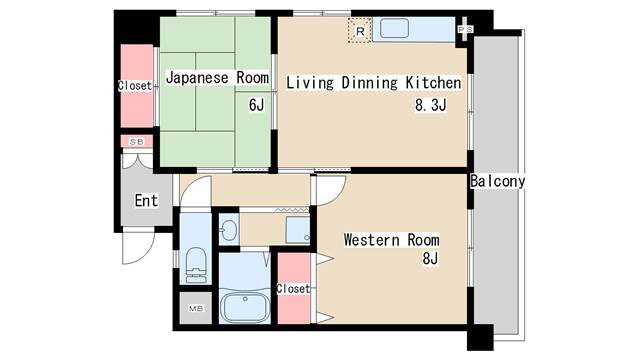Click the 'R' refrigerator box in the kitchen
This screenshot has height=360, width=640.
pyautogui.click(x=360, y=30)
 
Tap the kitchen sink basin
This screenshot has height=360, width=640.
pyautogui.click(x=394, y=28)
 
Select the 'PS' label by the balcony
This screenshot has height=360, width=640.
pyautogui.click(x=465, y=29)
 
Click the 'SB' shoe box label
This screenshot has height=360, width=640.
pyautogui.click(x=137, y=142)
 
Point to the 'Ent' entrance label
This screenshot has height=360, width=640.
pyautogui.click(x=146, y=200)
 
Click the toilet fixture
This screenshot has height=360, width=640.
pyautogui.click(x=196, y=265)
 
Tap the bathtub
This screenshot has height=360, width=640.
pyautogui.click(x=244, y=308)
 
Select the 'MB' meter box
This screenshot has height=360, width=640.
pyautogui.click(x=196, y=308)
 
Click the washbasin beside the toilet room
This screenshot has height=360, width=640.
pyautogui.click(x=229, y=231)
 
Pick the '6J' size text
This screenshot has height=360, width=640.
pyautogui.click(x=257, y=105)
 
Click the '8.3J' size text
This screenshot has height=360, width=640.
pyautogui.click(x=431, y=105)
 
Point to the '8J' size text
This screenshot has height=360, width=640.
pyautogui.click(x=430, y=258)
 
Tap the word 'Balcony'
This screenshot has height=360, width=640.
pyautogui.click(x=498, y=181)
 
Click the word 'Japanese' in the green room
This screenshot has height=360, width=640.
pyautogui.click(x=197, y=78)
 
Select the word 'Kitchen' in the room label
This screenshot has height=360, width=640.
pyautogui.click(x=433, y=82)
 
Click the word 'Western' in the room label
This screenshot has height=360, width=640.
pyautogui.click(x=371, y=240)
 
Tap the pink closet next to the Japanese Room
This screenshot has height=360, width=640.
pyautogui.click(x=137, y=86)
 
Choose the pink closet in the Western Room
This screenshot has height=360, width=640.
pyautogui.click(x=293, y=289)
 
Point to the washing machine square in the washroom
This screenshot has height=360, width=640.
pyautogui.click(x=298, y=230)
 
